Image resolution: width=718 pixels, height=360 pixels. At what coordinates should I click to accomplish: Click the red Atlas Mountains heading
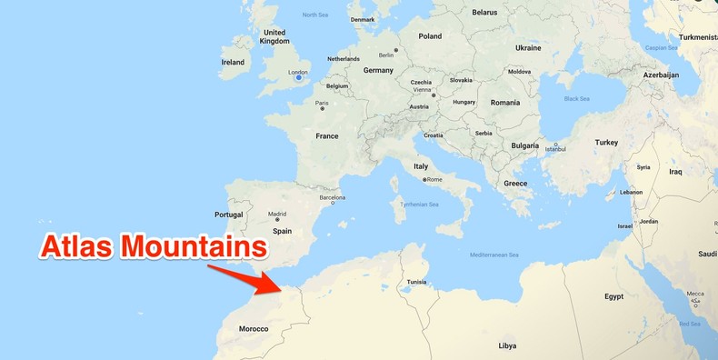[x=154, y=246]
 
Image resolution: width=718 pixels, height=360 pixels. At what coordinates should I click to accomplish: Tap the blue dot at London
[x=298, y=79]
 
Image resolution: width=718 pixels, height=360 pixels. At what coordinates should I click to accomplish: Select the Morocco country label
[x=253, y=329]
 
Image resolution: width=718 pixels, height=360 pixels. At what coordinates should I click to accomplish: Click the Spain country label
[x=283, y=231]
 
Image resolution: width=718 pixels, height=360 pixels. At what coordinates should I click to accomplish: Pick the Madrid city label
[x=277, y=215]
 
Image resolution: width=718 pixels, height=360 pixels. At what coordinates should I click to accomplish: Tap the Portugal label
[x=228, y=215]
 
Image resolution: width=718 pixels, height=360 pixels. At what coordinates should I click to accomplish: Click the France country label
[x=326, y=136]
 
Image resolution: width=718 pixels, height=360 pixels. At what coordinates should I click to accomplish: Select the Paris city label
[x=322, y=103]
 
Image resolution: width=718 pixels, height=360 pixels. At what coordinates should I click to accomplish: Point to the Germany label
[x=378, y=70]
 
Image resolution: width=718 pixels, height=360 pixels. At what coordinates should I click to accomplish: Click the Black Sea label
[x=576, y=98]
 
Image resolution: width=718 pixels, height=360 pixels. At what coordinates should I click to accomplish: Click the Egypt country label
[x=614, y=296]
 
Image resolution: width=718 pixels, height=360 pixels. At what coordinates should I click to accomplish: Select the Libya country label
[x=507, y=345]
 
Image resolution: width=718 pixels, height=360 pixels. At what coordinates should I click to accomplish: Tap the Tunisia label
[x=416, y=281]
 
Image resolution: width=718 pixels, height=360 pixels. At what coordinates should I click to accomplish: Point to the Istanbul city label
[x=554, y=149]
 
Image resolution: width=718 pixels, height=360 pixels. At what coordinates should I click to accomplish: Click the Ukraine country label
[x=528, y=48]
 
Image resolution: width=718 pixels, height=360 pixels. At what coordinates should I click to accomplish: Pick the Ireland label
[x=233, y=63]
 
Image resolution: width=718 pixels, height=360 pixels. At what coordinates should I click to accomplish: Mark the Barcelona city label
[x=332, y=197]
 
